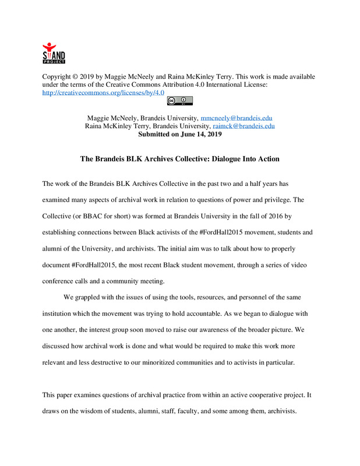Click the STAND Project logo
tap(54, 53)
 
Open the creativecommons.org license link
tap(103, 92)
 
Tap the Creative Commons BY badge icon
tap(179, 101)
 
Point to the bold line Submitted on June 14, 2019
tap(179, 133)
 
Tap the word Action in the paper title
tap(266, 158)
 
